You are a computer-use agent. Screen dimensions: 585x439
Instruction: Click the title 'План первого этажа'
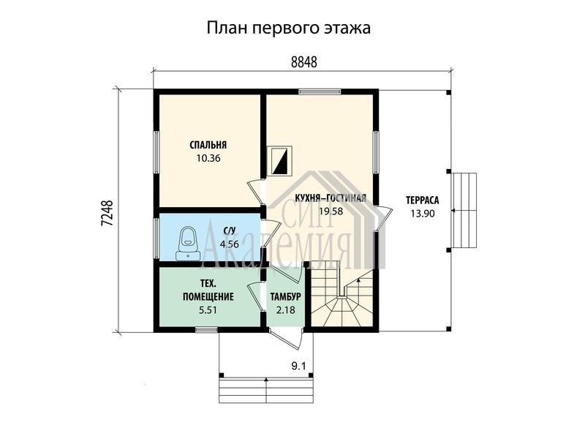(288, 29)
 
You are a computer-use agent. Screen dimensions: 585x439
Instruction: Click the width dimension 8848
(303, 62)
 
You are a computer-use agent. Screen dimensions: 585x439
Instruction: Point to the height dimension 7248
(107, 214)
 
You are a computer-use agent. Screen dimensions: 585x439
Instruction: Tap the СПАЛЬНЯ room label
(208, 145)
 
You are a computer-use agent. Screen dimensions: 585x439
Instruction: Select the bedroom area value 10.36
(208, 158)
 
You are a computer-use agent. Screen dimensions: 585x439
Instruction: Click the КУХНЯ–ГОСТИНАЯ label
(331, 198)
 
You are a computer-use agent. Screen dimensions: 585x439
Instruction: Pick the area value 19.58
(331, 211)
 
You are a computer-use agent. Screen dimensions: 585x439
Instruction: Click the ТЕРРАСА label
(423, 200)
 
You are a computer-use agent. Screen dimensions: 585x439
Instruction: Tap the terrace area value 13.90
(423, 214)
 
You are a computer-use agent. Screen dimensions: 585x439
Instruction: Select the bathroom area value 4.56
(229, 244)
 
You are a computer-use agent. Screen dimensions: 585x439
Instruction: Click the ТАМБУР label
(286, 297)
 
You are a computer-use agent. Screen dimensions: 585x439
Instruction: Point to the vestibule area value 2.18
(286, 310)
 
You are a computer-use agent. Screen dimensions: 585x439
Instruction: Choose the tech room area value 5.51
(208, 310)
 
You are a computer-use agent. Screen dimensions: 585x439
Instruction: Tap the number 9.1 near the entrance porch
(298, 367)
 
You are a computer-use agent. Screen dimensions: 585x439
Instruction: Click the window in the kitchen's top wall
(320, 91)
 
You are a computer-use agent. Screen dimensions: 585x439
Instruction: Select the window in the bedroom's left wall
(156, 152)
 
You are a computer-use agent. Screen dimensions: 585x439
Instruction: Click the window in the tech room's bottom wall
(206, 329)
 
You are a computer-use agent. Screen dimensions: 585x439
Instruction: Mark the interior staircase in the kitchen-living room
(341, 294)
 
